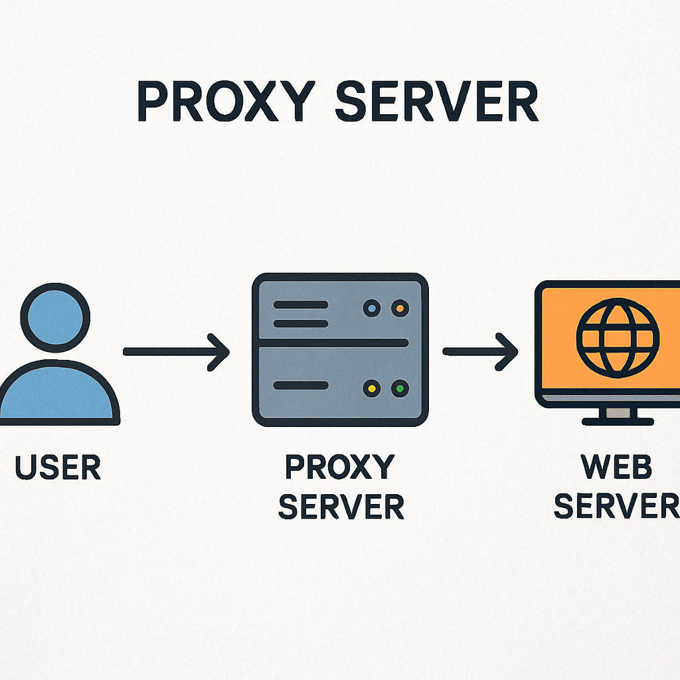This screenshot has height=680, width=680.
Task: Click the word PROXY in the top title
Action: click(215, 102)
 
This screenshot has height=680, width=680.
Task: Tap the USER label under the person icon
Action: click(58, 467)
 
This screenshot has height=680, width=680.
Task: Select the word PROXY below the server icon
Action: click(339, 468)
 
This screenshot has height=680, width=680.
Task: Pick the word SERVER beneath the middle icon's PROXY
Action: click(341, 507)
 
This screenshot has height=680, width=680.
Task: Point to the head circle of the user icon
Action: click(55, 316)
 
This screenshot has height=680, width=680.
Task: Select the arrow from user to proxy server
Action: click(176, 351)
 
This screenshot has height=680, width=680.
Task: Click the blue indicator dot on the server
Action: click(373, 309)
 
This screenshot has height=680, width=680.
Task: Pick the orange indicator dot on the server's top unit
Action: click(400, 309)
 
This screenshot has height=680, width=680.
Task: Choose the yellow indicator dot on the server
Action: click(373, 388)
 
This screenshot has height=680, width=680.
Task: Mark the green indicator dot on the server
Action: click(400, 388)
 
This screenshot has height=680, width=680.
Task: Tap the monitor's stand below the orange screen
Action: click(618, 415)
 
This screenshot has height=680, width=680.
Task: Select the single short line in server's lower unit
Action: click(301, 385)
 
